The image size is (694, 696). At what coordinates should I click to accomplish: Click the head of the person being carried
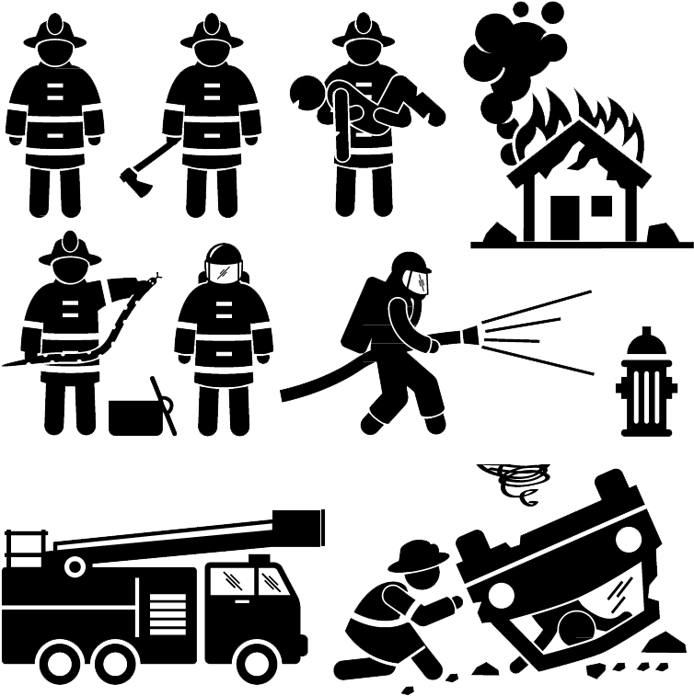pyautogui.click(x=307, y=91)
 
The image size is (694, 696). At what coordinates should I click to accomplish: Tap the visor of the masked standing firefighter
pyautogui.click(x=222, y=273)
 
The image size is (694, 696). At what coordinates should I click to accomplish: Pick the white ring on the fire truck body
pyautogui.click(x=74, y=567)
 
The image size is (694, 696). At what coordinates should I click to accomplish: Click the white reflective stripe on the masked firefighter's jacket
pyautogui.click(x=222, y=337)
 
